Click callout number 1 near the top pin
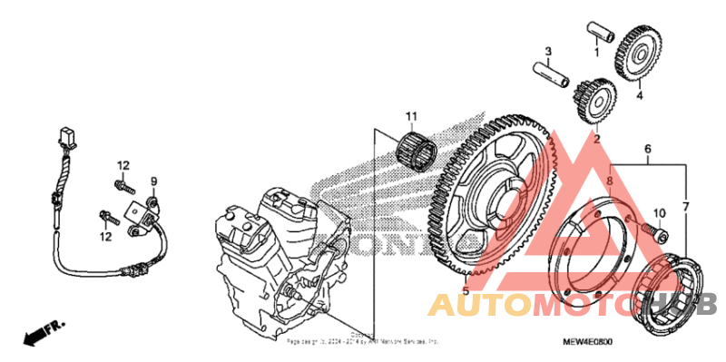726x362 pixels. (596, 53)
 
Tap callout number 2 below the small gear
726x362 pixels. (596, 140)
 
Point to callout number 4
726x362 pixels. (639, 94)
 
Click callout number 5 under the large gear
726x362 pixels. (466, 291)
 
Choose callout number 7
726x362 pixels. (686, 208)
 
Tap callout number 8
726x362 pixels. (610, 182)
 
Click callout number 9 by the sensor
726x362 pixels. (153, 181)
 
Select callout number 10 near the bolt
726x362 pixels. (660, 214)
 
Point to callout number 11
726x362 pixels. (411, 116)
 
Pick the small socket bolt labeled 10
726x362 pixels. (655, 232)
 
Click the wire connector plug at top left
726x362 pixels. (63, 138)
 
